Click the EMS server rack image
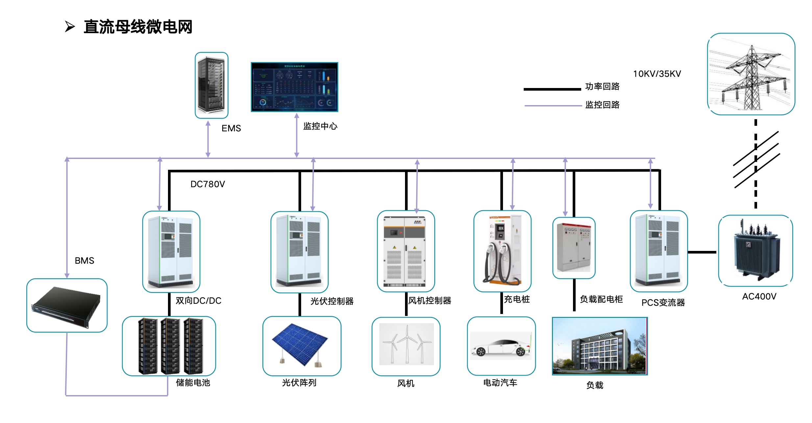click(211, 85)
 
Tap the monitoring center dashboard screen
click(294, 87)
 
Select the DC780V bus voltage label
click(207, 184)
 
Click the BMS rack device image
click(67, 305)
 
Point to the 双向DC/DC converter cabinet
click(171, 252)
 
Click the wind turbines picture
click(406, 344)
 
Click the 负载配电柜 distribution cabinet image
click(574, 248)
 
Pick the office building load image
click(600, 346)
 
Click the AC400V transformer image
click(755, 251)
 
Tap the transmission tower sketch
click(751, 74)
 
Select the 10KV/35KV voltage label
click(657, 74)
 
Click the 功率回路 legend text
click(602, 86)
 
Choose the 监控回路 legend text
click(602, 105)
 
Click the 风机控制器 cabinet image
click(406, 251)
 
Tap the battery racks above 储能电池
click(169, 346)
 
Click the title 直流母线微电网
click(138, 27)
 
